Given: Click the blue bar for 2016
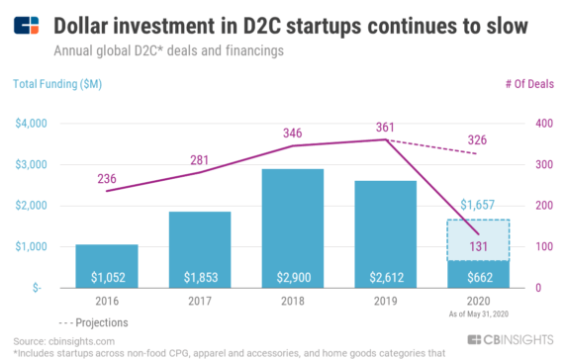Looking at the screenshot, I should pos(107,265).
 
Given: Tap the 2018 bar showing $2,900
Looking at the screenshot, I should pos(292,227).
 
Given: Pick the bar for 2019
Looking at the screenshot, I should pos(385,233).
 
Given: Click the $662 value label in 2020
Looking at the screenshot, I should pos(478,274).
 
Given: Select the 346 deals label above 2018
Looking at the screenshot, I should pos(293,132).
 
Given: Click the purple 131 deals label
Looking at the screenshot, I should pos(478,246).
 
